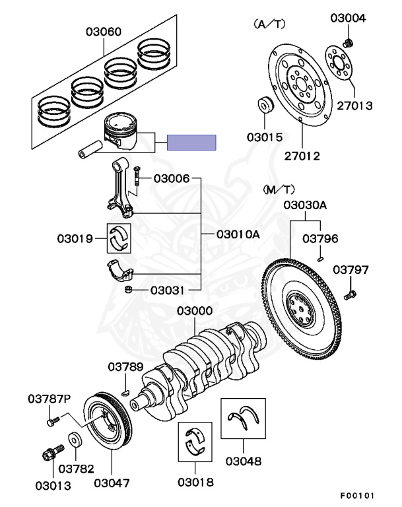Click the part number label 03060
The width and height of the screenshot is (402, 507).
pyautogui.click(x=104, y=32)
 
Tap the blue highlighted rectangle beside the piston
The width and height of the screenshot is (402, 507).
pyautogui.click(x=191, y=143)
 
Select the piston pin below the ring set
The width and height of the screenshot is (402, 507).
pyautogui.click(x=90, y=149)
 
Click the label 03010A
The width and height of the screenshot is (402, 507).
pyautogui.click(x=238, y=234)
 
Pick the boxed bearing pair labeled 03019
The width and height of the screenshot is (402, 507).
pyautogui.click(x=119, y=238)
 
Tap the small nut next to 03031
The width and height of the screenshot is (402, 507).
pyautogui.click(x=129, y=290)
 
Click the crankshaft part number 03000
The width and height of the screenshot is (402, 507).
pyautogui.click(x=195, y=311)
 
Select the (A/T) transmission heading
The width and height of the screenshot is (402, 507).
pyautogui.click(x=270, y=24)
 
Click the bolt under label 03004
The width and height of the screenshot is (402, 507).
pyautogui.click(x=348, y=43)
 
